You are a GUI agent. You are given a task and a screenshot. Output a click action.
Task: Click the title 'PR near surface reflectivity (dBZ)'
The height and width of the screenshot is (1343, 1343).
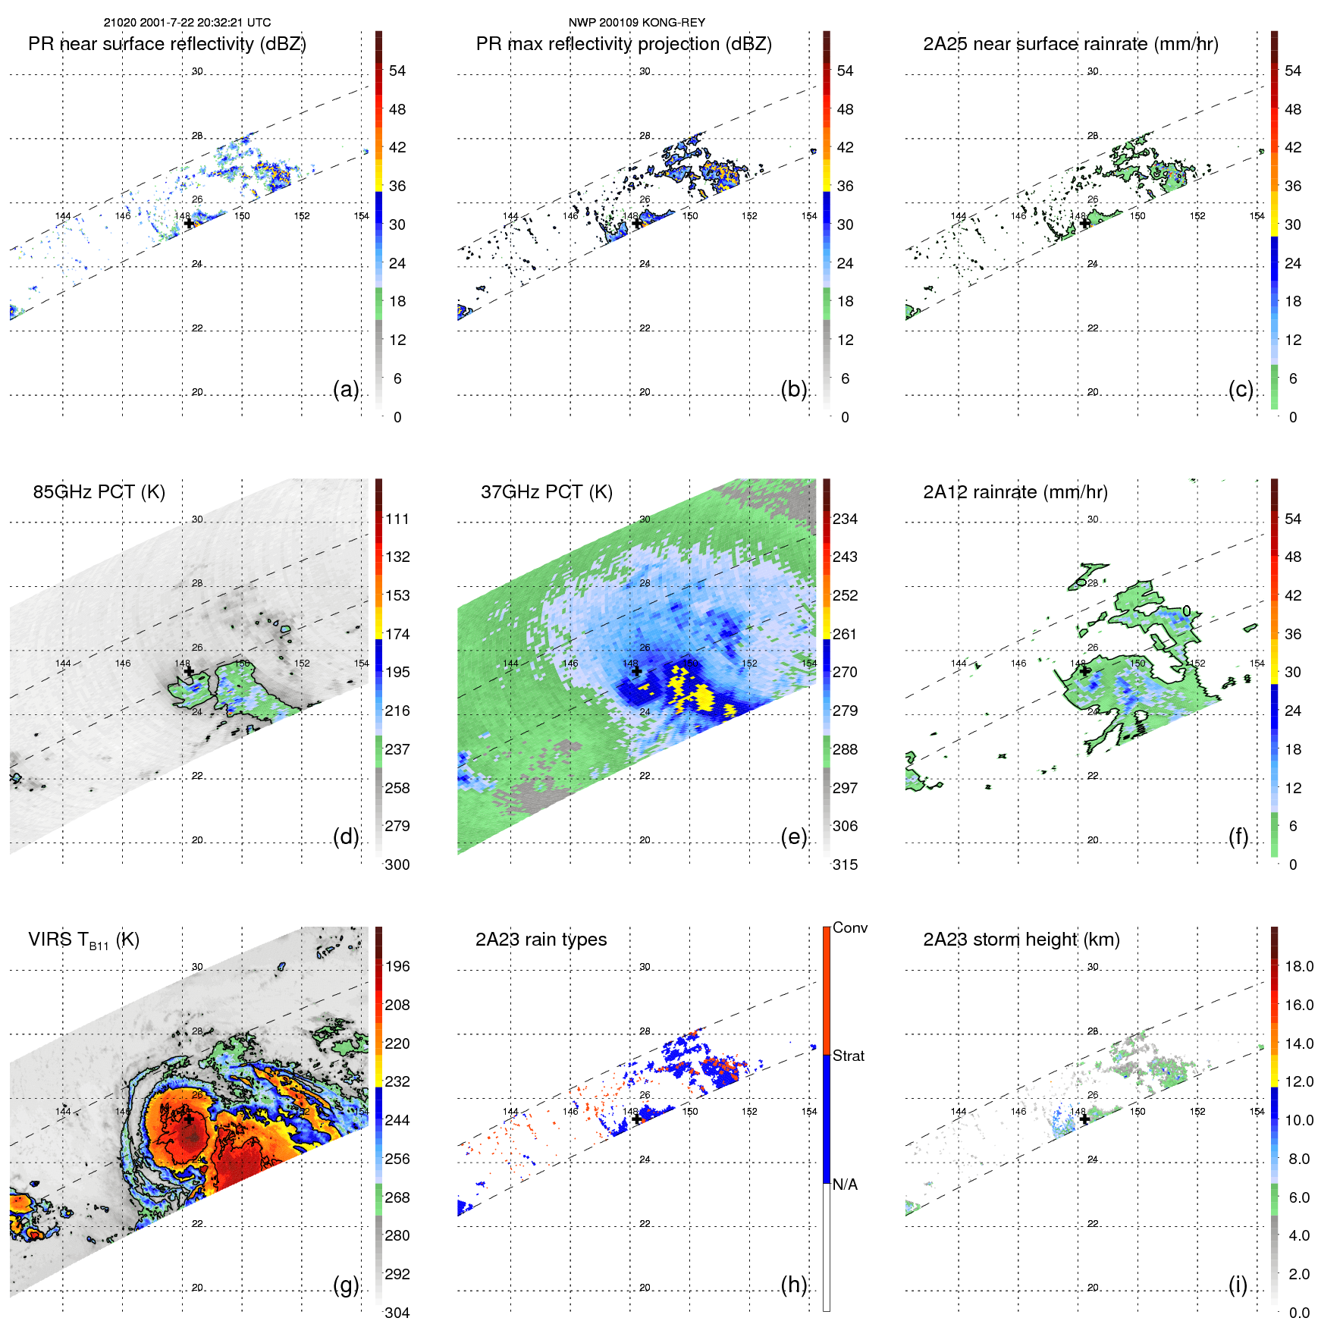point(167,44)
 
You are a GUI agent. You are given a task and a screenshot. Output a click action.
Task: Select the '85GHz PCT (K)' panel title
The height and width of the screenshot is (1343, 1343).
point(99,492)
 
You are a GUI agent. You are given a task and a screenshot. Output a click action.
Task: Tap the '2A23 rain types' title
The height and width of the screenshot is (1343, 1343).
point(541,940)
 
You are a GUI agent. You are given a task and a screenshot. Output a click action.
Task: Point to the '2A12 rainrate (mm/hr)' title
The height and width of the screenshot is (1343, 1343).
point(1015,492)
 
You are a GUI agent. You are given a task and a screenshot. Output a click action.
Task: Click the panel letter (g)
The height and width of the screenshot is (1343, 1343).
point(346,1285)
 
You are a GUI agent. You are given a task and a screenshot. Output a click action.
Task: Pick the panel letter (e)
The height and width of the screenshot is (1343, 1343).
point(794,836)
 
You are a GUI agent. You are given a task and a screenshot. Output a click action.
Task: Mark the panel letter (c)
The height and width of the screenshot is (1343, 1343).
point(1241,389)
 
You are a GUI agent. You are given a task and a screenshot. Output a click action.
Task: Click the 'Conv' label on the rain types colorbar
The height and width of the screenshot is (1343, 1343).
point(850,928)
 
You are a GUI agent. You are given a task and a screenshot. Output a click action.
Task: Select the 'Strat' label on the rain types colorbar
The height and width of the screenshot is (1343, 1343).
point(849,1056)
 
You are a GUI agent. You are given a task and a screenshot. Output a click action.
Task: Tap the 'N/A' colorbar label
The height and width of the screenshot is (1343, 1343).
point(845,1185)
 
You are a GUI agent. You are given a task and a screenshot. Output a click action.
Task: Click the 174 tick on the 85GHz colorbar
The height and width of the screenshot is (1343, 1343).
point(397,634)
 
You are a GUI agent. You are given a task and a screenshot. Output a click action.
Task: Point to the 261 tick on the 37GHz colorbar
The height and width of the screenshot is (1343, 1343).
point(845,634)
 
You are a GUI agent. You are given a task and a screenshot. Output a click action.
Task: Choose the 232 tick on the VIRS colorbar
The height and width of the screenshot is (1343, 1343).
point(397,1081)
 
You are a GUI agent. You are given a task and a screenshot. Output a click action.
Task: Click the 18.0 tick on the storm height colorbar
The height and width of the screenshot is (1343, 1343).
point(1299,966)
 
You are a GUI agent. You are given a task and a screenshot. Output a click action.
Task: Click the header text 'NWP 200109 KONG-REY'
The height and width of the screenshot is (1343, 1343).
point(637,23)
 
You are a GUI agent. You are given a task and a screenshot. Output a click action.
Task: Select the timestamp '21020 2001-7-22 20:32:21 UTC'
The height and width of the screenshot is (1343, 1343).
point(187,23)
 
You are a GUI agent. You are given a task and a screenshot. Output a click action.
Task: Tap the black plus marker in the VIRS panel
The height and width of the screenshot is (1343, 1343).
point(188,1119)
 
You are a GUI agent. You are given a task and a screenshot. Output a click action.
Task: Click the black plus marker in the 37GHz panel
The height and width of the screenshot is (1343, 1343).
point(636,671)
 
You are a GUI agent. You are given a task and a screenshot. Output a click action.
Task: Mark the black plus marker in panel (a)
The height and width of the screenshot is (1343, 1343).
point(189,223)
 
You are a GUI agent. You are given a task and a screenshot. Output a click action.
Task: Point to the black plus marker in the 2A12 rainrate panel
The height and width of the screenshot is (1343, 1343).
point(1084,671)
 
